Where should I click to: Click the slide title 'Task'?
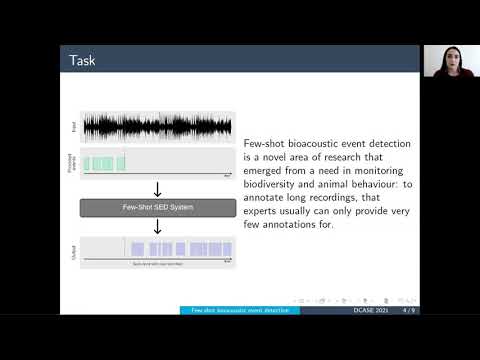(x=82, y=61)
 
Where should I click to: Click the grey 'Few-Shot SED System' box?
(x=157, y=207)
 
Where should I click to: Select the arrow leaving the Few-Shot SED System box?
(x=157, y=226)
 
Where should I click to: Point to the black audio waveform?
(x=157, y=127)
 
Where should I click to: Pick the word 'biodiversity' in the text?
(x=273, y=185)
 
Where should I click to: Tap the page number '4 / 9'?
(x=408, y=310)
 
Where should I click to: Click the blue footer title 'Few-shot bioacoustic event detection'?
(x=242, y=310)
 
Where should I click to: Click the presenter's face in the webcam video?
(x=448, y=61)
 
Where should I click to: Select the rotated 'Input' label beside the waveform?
(x=73, y=127)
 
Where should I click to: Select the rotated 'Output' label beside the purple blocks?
(x=73, y=252)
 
